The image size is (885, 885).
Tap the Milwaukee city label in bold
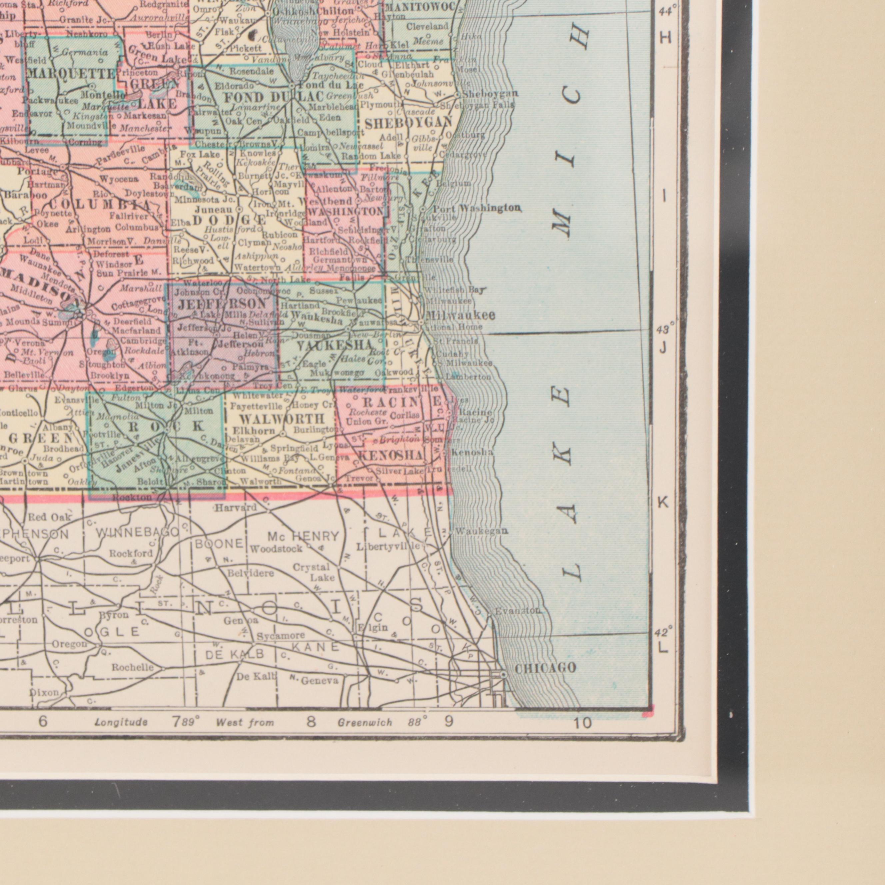tap(460, 315)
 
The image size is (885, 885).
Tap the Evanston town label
tap(517, 611)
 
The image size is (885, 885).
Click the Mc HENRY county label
tap(303, 536)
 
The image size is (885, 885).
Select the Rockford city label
tap(131, 553)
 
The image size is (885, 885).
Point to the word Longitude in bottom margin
tap(121, 722)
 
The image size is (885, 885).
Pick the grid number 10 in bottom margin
tap(582, 724)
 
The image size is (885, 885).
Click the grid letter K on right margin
tap(663, 502)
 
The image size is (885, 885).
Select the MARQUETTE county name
tap(71, 73)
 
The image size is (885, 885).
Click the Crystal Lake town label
tap(312, 572)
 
